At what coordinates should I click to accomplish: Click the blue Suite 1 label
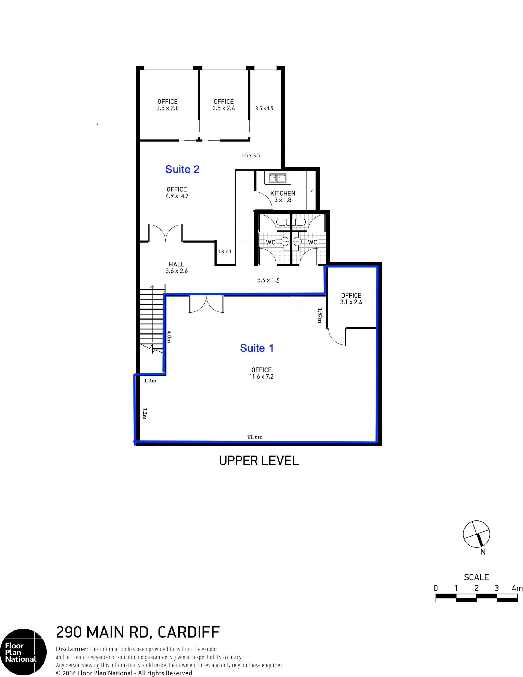[257, 348]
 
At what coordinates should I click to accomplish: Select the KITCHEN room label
[282, 193]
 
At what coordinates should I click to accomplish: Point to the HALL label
[177, 264]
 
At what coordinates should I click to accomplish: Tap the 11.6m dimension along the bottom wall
[255, 437]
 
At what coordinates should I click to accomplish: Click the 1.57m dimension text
[320, 315]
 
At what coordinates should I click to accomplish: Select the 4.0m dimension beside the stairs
[169, 337]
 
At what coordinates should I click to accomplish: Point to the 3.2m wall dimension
[144, 413]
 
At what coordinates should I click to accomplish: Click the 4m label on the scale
[517, 588]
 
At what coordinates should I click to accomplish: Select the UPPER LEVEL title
[259, 461]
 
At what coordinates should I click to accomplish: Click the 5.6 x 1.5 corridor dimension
[268, 280]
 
